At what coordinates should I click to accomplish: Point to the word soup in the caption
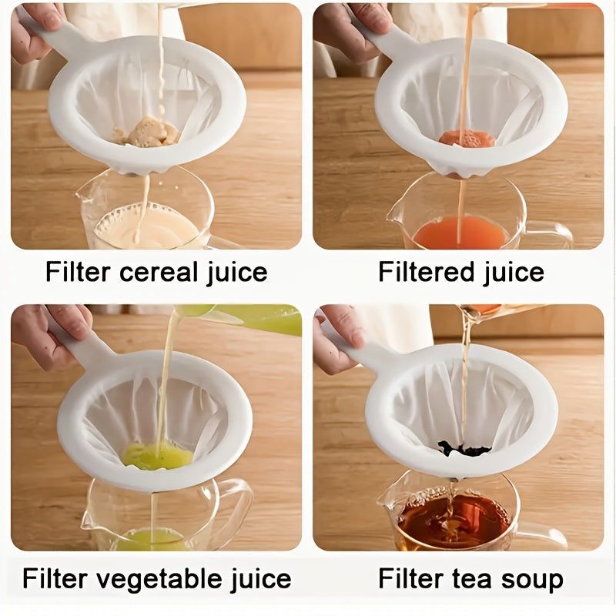pyautogui.click(x=533, y=578)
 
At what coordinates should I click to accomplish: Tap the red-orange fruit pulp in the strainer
pyautogui.click(x=467, y=139)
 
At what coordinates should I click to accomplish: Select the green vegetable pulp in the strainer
pyautogui.click(x=156, y=456)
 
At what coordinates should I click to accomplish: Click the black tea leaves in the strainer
pyautogui.click(x=464, y=448)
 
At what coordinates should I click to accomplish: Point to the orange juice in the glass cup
pyautogui.click(x=460, y=233)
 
